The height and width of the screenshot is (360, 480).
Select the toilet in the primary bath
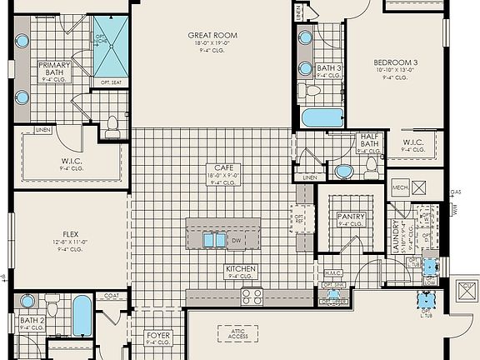112,125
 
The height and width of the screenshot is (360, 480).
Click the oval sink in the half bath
342,172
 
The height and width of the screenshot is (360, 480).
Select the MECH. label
400,187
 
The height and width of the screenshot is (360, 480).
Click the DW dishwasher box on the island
237,240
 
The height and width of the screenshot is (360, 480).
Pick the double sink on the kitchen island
213,240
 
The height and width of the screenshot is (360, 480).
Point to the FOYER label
158,337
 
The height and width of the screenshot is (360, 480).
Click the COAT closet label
112,294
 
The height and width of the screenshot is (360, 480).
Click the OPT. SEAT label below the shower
111,82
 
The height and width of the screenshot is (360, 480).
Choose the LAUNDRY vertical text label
394,237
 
